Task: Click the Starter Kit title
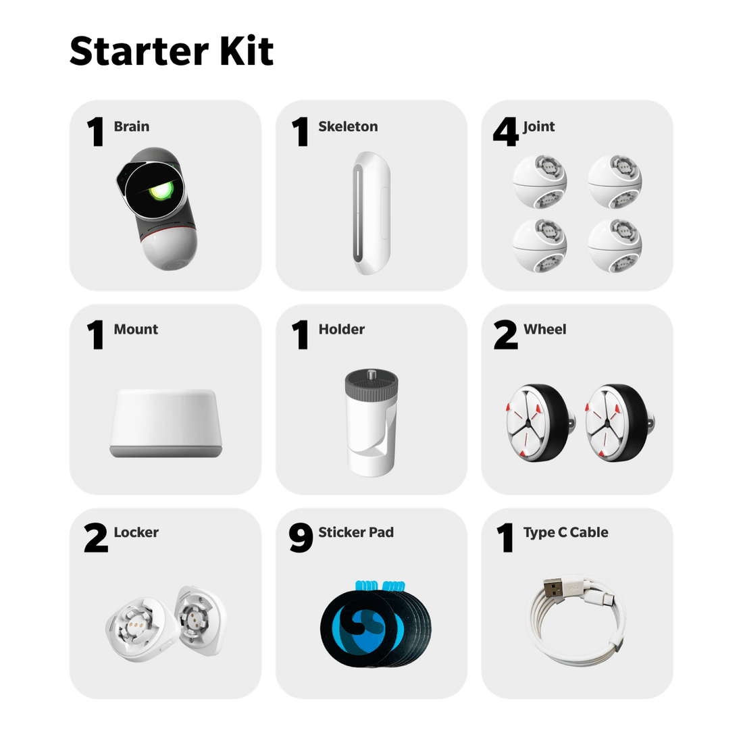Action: tap(172, 51)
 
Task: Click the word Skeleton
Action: tap(348, 126)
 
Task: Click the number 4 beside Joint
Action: tap(506, 132)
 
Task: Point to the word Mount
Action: tap(136, 329)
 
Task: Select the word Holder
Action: tap(341, 329)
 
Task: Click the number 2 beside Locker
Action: tap(96, 538)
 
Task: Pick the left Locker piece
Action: tap(139, 627)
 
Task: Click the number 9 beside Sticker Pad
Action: tap(301, 538)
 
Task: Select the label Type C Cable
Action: tap(565, 532)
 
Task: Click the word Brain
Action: tap(131, 126)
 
